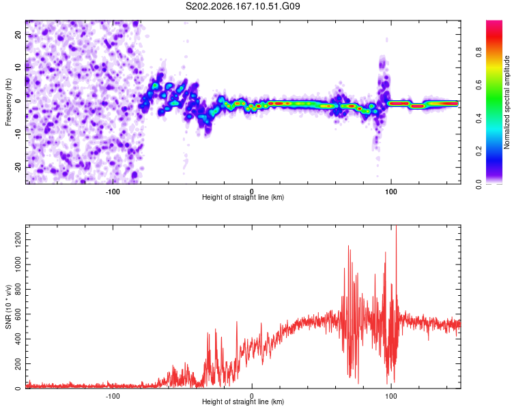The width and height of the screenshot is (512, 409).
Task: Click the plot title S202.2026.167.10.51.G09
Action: point(242,6)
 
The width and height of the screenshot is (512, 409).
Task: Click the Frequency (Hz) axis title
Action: point(8,102)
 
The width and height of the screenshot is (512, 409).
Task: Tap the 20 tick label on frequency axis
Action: point(18,35)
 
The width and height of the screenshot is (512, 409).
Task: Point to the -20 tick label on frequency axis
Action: point(18,168)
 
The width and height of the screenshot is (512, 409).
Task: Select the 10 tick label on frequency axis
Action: point(18,67)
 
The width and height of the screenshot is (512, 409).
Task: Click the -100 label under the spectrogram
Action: point(113,192)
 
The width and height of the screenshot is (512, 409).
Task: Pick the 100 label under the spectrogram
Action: point(391,192)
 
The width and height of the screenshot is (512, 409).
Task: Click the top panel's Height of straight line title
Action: point(243,197)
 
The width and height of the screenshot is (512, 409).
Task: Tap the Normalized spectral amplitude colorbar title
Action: point(507,102)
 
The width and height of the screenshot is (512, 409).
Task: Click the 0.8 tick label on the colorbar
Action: point(479,52)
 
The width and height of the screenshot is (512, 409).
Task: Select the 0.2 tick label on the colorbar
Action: point(479,151)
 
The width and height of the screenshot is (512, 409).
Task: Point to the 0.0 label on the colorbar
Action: point(479,184)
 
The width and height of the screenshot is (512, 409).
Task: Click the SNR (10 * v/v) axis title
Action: point(8,307)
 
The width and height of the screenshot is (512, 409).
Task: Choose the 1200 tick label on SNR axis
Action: point(18,240)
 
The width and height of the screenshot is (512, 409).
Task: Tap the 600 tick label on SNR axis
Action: point(18,314)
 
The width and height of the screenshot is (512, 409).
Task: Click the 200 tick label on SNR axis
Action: point(18,363)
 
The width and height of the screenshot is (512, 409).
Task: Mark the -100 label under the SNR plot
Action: point(113,396)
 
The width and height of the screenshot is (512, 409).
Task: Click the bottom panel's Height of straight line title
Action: point(243,402)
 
